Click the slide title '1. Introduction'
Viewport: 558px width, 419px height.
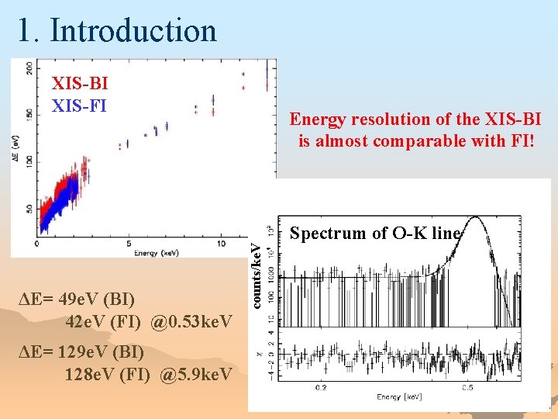(x=117, y=31)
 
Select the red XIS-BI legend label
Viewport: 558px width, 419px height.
(x=79, y=83)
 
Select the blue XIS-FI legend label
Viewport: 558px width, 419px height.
(x=78, y=104)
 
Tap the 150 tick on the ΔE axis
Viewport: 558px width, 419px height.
(x=29, y=114)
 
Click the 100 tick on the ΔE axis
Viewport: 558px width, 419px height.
(x=29, y=160)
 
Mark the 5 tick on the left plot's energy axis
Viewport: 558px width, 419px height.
(x=129, y=244)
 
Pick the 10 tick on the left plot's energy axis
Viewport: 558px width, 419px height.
(x=221, y=244)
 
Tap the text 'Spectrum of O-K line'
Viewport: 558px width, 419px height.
(x=375, y=233)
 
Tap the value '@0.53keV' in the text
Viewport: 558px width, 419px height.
(x=191, y=320)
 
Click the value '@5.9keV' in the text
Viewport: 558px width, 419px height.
(x=195, y=375)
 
